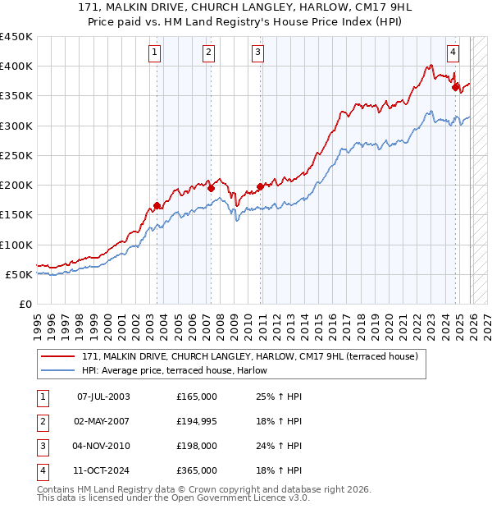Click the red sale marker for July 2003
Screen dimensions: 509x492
pyautogui.click(x=157, y=206)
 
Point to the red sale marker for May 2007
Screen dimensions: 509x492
pyautogui.click(x=211, y=188)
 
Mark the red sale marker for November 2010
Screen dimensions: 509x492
pyautogui.click(x=261, y=186)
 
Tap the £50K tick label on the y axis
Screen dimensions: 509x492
pyautogui.click(x=19, y=274)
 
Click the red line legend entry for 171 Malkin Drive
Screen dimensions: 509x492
pyautogui.click(x=250, y=356)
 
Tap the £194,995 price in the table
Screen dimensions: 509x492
pyautogui.click(x=197, y=421)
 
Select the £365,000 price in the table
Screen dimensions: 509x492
pyautogui.click(x=197, y=470)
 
